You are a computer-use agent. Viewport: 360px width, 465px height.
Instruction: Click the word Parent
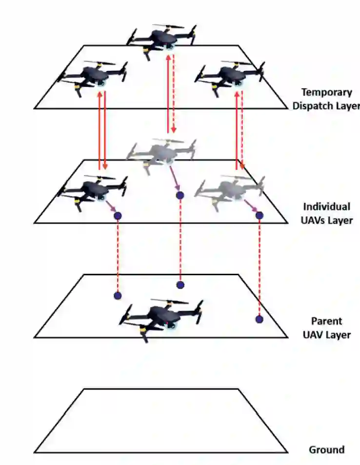pyautogui.click(x=327, y=321)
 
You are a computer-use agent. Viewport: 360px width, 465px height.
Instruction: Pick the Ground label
pyautogui.click(x=327, y=449)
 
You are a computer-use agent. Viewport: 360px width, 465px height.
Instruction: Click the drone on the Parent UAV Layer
pyautogui.click(x=161, y=316)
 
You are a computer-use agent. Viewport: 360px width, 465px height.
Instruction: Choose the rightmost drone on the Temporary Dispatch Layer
pyautogui.click(x=230, y=77)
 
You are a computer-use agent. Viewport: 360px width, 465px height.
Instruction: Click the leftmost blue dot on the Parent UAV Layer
pyautogui.click(x=117, y=295)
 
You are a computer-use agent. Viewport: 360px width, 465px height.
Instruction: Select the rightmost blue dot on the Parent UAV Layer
pyautogui.click(x=259, y=319)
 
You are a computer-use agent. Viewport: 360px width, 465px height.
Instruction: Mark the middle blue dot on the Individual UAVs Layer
pyautogui.click(x=180, y=195)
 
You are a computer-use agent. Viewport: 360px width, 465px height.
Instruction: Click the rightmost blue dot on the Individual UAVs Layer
pyautogui.click(x=259, y=215)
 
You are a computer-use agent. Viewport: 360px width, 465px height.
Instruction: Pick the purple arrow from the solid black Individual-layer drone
pyautogui.click(x=111, y=208)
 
